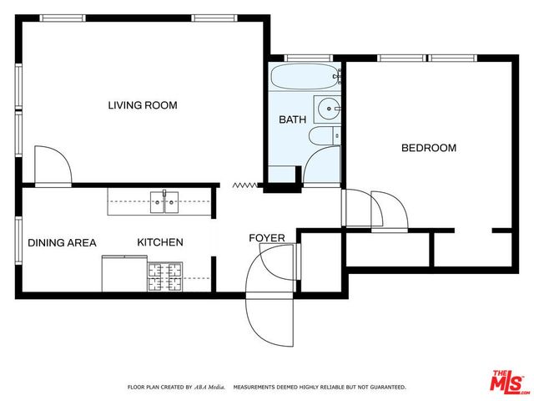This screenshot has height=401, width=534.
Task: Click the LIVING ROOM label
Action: pos(143,105)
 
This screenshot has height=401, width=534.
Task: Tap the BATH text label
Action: pos(292,119)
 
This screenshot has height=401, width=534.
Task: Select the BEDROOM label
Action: pos(429,148)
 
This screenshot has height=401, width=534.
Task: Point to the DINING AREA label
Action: pos(62,243)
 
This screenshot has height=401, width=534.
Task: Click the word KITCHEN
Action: pos(160,243)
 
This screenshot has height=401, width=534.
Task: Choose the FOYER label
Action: pos(267,239)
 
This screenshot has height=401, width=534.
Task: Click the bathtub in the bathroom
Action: pos(305,80)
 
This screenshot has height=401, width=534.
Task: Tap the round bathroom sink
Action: pos(328,108)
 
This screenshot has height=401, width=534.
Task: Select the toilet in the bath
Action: pos(324,136)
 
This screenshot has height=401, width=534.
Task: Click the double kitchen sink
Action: pos(164,200)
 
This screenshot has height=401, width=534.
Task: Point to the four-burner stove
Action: pos(165,276)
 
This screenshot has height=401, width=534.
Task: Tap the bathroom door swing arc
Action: pos(322,166)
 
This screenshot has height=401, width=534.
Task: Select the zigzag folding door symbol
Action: pos(245,185)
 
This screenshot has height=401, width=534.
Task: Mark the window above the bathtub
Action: pos(298,58)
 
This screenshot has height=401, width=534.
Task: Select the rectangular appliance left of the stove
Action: pos(123,274)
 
